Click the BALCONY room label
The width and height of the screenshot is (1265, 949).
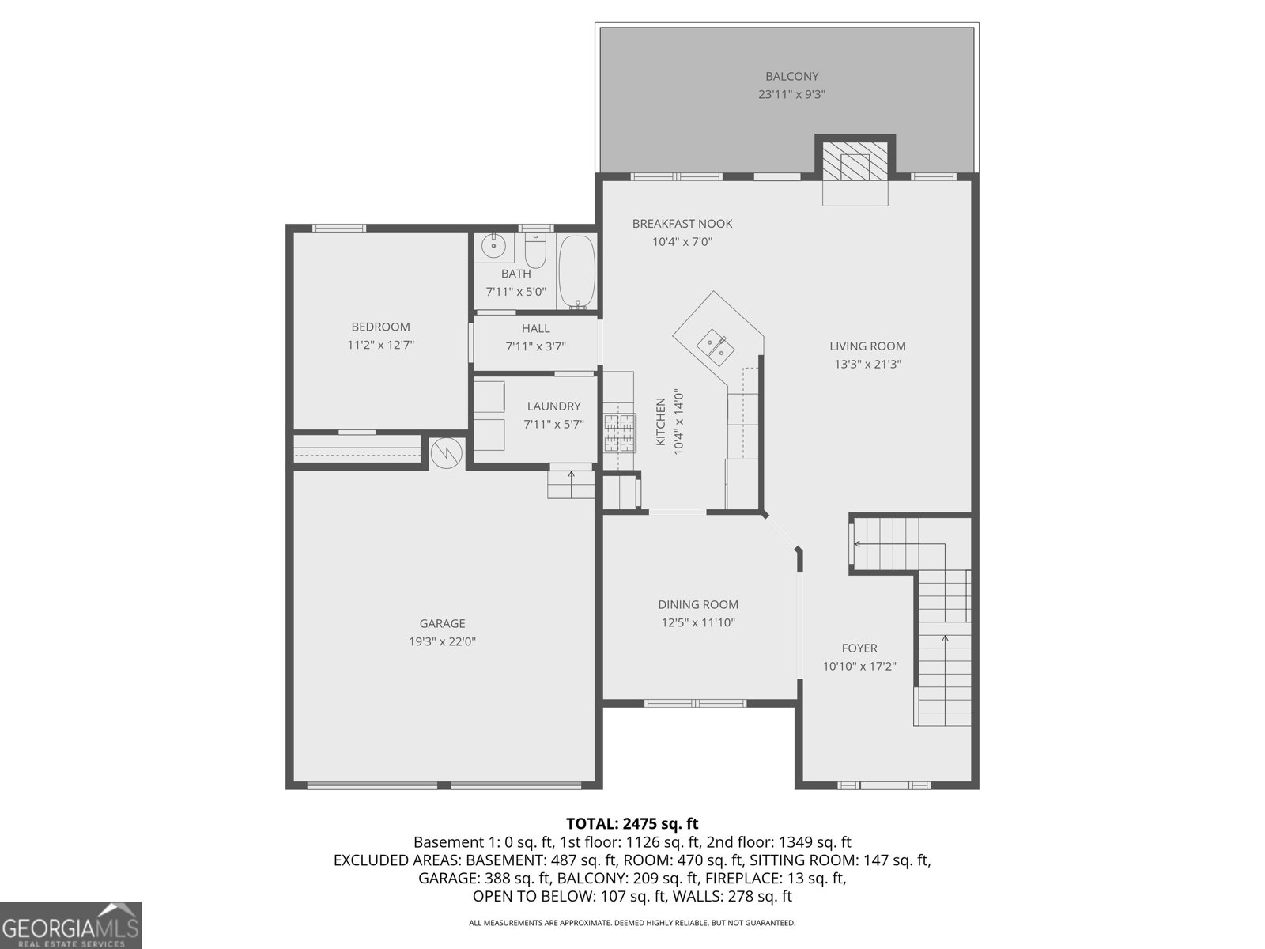(791, 77)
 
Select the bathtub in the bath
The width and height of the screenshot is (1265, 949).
(577, 272)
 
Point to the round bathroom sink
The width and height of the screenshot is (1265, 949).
(494, 245)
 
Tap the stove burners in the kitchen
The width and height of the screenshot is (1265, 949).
(619, 433)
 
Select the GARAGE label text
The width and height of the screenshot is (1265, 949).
(442, 623)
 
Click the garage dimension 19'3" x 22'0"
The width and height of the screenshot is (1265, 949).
(442, 641)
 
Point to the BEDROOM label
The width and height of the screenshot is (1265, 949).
(380, 327)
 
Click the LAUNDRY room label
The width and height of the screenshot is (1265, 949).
(553, 406)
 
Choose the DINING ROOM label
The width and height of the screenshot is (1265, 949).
(698, 604)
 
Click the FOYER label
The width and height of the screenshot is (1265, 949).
(859, 648)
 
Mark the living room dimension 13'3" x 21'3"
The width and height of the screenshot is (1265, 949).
(867, 365)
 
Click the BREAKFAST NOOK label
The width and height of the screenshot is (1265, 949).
(682, 224)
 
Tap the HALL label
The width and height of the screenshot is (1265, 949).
(535, 328)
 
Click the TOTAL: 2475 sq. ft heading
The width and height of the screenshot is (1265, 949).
(632, 823)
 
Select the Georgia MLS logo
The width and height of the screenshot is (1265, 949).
(71, 924)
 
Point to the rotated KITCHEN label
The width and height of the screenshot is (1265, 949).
(661, 422)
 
